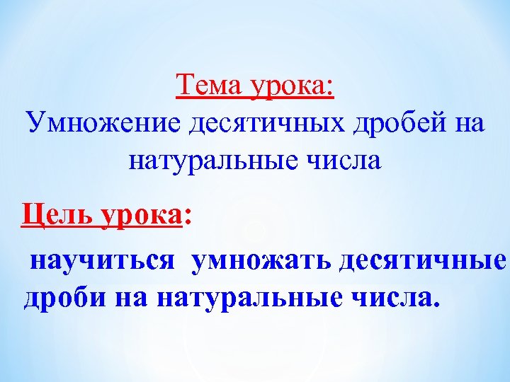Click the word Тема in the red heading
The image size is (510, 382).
click(x=208, y=86)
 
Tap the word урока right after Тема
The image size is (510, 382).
click(x=287, y=88)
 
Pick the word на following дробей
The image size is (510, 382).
click(x=465, y=122)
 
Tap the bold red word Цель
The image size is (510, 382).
click(x=58, y=212)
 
